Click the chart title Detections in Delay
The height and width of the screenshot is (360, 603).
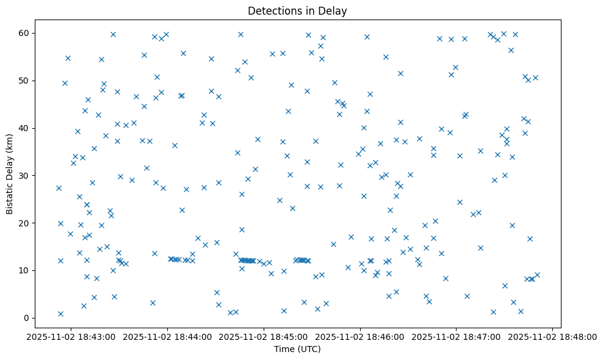(297, 10)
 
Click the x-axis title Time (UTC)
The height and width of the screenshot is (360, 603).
(297, 349)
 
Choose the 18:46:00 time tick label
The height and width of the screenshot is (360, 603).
(360, 336)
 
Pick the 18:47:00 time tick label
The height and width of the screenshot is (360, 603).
(456, 336)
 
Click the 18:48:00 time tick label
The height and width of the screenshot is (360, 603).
(552, 336)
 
